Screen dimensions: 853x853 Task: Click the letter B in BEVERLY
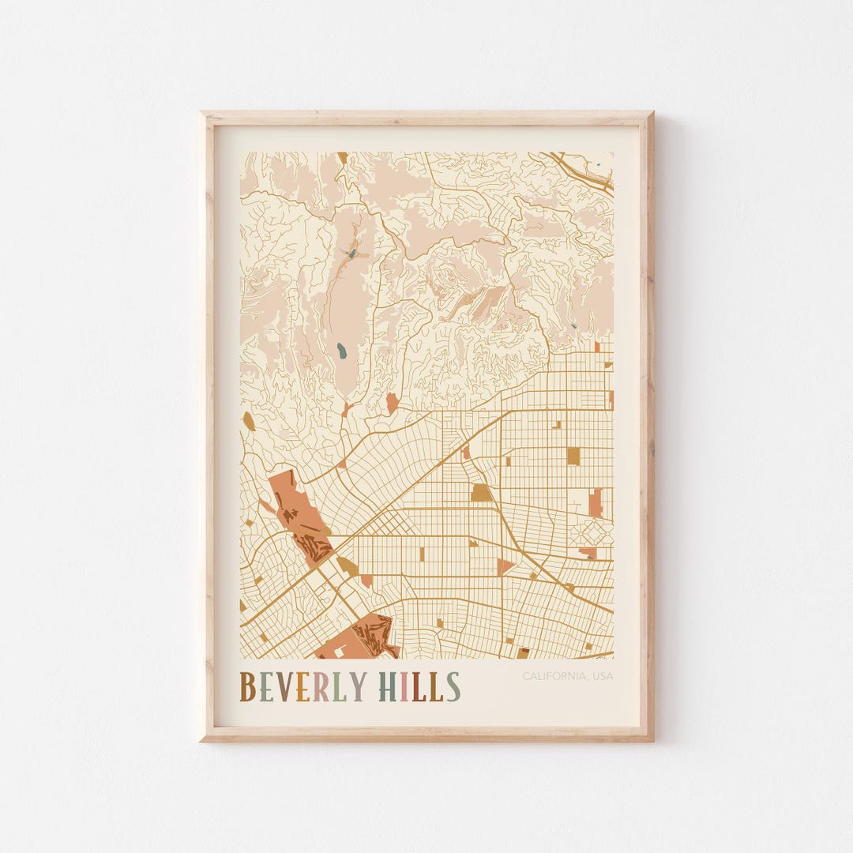pyautogui.click(x=247, y=687)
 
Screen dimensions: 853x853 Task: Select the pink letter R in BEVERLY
pyautogui.click(x=321, y=687)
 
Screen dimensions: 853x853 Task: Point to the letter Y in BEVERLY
pyautogui.click(x=357, y=687)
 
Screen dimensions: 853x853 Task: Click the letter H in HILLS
pyautogui.click(x=388, y=687)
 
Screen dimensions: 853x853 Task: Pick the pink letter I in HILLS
pyautogui.click(x=404, y=687)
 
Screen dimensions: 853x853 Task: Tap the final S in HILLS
pyautogui.click(x=453, y=687)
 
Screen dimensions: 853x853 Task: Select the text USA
pyautogui.click(x=603, y=676)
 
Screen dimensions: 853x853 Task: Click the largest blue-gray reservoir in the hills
pyautogui.click(x=341, y=349)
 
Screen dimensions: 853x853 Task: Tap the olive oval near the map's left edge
pyautogui.click(x=249, y=421)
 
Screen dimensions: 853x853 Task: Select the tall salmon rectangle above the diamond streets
pyautogui.click(x=596, y=502)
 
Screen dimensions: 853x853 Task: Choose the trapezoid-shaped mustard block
pyautogui.click(x=481, y=493)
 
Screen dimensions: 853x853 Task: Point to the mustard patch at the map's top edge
pyautogui.click(x=342, y=157)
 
